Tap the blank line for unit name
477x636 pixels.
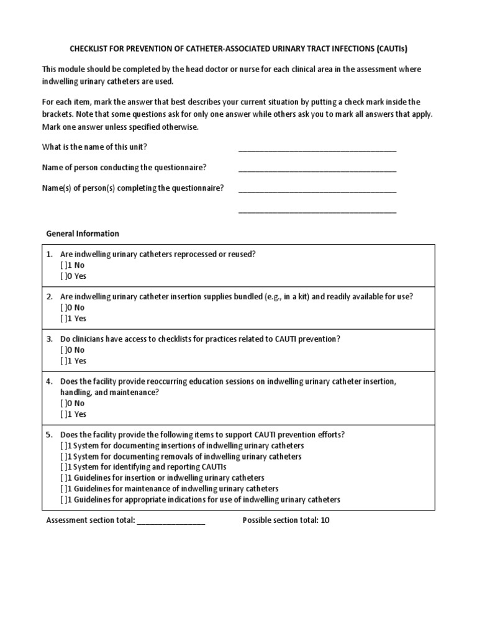coord(317,148)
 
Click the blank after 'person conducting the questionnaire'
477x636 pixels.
coord(317,169)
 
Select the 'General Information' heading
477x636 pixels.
coord(83,234)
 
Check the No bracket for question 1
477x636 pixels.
coord(64,265)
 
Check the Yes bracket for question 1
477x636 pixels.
coord(64,276)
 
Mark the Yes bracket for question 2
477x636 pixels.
coord(64,319)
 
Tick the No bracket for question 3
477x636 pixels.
coord(64,350)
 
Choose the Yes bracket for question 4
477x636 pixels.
coord(64,414)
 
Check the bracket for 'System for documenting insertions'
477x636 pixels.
coord(64,446)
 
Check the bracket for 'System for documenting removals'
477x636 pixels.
coord(64,457)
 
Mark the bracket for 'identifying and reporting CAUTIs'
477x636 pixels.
coord(64,467)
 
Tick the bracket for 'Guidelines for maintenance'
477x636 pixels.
coord(64,489)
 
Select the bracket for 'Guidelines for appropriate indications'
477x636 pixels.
coord(64,499)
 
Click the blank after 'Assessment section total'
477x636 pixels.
coord(171,521)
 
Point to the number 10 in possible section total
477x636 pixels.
coord(325,520)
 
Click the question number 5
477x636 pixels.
coord(49,435)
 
